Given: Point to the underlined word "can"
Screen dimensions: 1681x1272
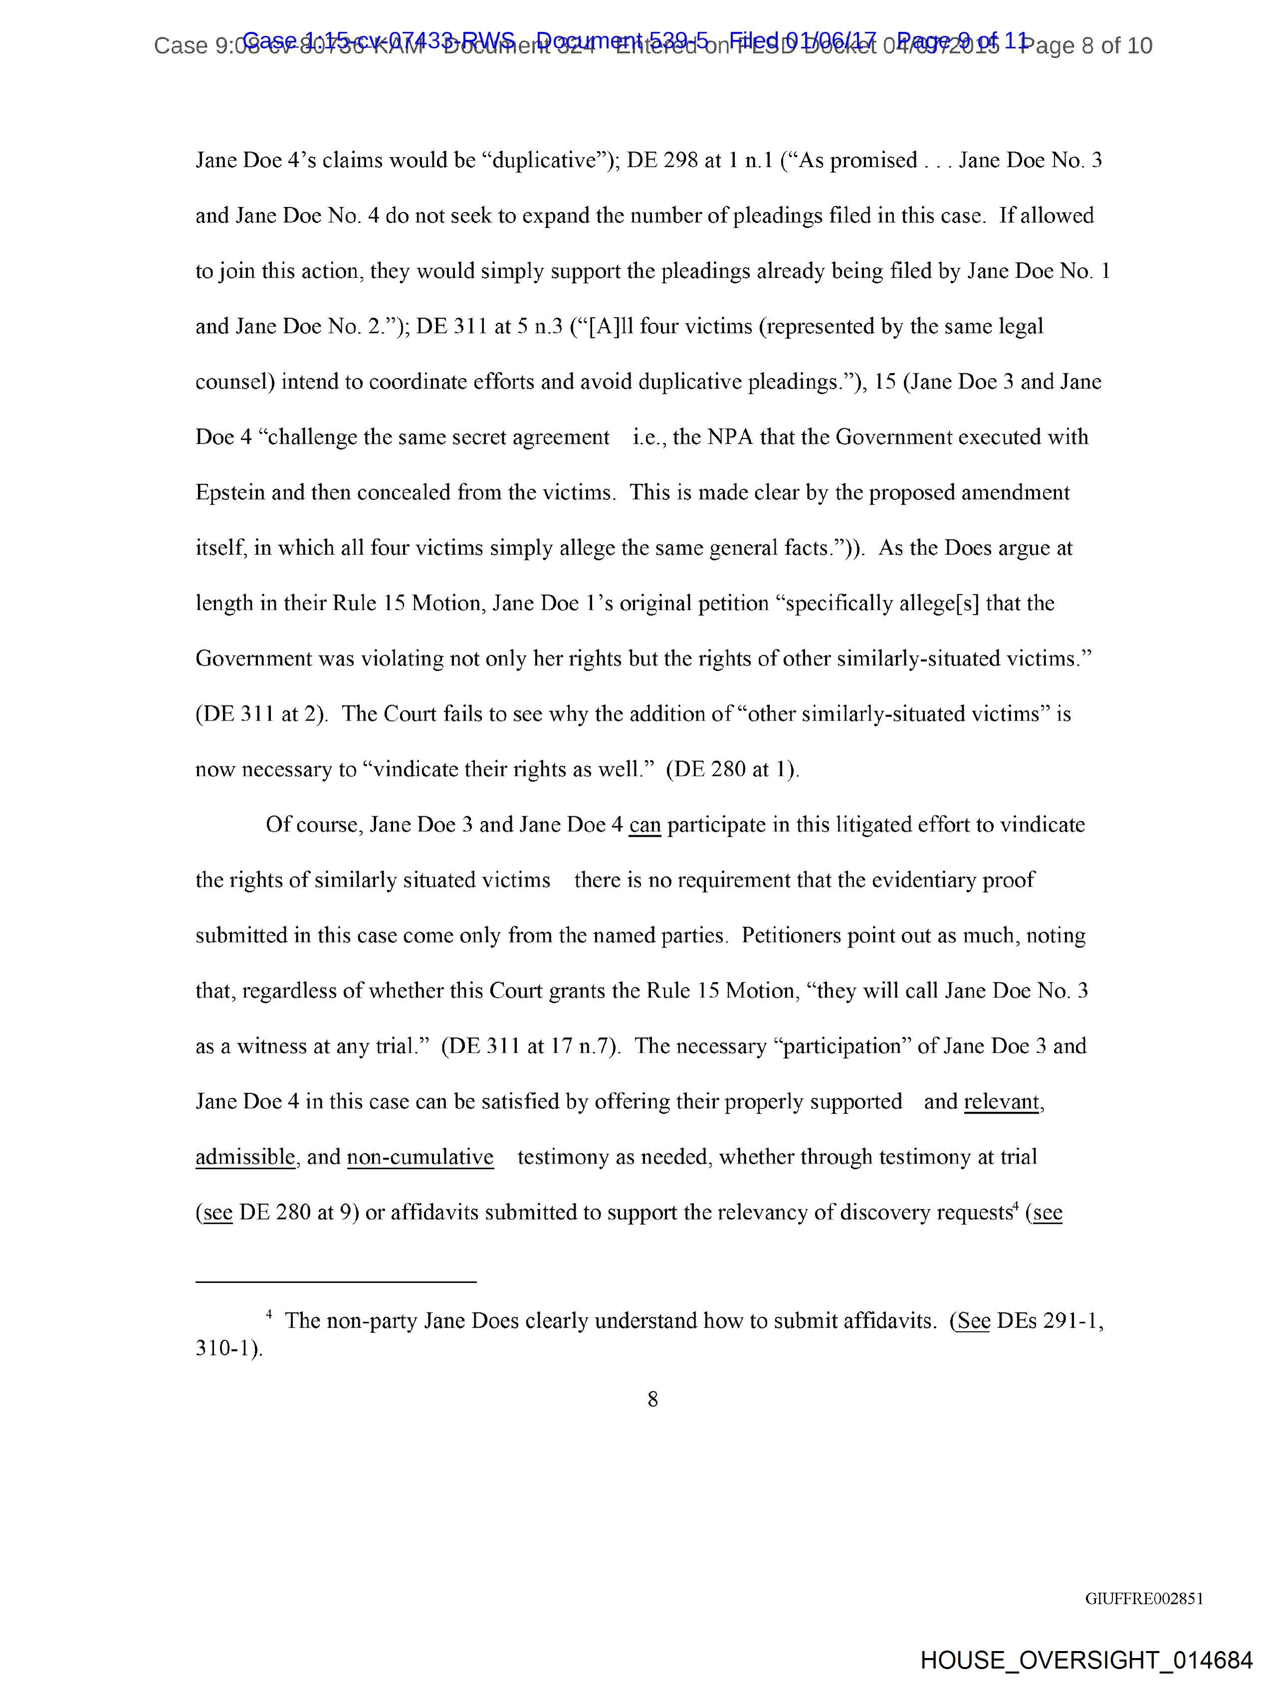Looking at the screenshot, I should [x=644, y=825].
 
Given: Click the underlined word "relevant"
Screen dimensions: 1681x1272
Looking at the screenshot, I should [x=1002, y=1101].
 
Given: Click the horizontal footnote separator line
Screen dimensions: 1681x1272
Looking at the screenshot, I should [x=336, y=1282].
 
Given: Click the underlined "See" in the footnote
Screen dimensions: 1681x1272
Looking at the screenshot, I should [x=973, y=1321].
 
